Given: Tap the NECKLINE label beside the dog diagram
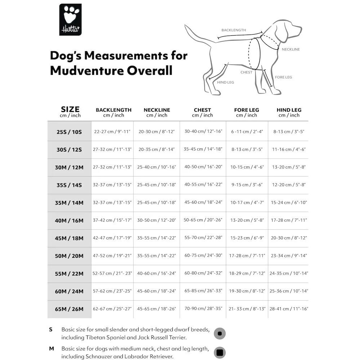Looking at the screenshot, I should point(291,49).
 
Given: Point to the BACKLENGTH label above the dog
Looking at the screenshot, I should point(234,30).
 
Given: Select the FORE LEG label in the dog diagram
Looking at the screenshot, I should point(283,77).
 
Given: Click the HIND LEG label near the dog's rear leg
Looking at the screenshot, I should point(225,82).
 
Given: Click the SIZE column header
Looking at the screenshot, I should point(70,109).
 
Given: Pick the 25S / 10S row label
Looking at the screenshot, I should point(69,132).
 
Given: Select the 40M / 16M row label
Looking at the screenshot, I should point(69,220).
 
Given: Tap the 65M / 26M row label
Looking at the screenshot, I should point(69,309).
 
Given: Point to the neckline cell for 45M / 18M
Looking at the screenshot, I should point(157,238).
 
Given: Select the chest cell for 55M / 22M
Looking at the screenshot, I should point(203,273).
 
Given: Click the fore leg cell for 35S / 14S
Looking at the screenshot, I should point(247,185).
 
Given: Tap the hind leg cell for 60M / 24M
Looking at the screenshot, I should point(289,291).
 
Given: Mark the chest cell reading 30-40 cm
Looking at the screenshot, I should point(203,131).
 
